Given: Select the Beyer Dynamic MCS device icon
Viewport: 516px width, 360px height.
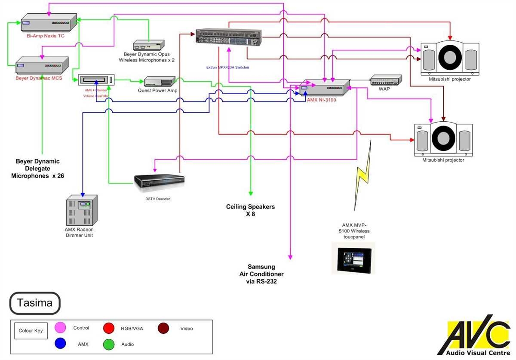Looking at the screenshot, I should (42, 65).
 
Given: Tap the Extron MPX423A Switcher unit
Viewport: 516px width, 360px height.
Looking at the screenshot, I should (229, 37).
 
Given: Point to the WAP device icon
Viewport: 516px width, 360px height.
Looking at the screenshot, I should (386, 80).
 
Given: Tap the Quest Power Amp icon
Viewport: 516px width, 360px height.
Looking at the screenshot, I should (159, 81).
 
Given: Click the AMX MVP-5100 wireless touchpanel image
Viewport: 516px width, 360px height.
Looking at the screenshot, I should (353, 258).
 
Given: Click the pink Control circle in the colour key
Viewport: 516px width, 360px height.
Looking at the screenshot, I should (60, 328).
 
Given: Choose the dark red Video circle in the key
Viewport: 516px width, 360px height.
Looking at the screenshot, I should (163, 328).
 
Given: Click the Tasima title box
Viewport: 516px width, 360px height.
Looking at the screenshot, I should (34, 303).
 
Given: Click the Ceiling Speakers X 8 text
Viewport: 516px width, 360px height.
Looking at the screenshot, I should (250, 210).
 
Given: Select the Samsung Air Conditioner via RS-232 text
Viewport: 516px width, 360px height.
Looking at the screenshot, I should (261, 274).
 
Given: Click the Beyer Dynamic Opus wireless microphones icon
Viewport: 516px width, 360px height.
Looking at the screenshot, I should (148, 46).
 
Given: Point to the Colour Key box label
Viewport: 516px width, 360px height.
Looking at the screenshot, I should (31, 331).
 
